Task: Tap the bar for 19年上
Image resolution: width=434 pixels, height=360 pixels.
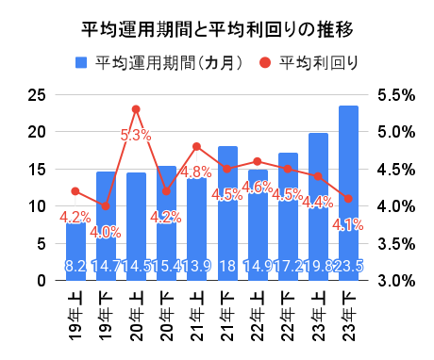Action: point(75,251)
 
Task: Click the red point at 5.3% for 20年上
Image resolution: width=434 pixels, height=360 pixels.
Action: point(136,109)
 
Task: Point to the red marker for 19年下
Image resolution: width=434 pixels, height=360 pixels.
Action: point(106,205)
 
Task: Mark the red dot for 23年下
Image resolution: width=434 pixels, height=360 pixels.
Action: point(348,199)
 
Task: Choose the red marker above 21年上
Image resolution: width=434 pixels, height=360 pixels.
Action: point(196,146)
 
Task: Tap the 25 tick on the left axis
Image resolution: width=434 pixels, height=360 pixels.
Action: point(36,95)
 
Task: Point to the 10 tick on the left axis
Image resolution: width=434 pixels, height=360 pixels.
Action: point(36,206)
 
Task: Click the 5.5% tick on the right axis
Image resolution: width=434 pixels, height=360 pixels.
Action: point(396,95)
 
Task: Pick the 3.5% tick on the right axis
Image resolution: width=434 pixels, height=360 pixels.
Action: point(396,243)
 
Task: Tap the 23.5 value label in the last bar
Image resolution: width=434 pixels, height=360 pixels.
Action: point(348,267)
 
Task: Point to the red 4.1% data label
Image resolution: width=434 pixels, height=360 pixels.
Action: point(348,224)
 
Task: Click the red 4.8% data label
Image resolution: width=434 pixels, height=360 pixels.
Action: point(196,172)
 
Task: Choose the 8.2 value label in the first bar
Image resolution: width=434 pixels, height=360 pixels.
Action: point(75,267)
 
